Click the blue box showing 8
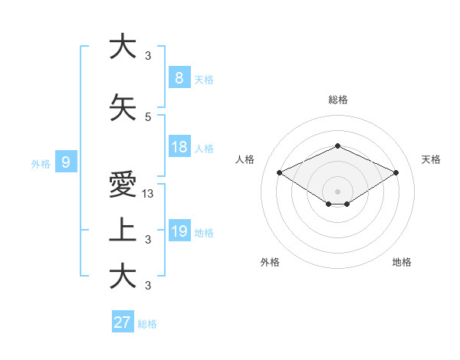(179, 77)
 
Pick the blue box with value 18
(179, 147)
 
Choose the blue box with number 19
(179, 231)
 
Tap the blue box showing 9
(66, 162)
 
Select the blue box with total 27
(123, 322)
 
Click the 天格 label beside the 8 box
(204, 79)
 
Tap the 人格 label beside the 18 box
(204, 149)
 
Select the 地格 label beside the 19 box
(204, 233)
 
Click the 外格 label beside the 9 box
(41, 163)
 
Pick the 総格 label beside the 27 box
(147, 324)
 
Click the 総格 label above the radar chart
(337, 100)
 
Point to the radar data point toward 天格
(396, 172)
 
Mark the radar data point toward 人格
(280, 172)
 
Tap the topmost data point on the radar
(337, 146)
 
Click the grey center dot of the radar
(337, 191)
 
